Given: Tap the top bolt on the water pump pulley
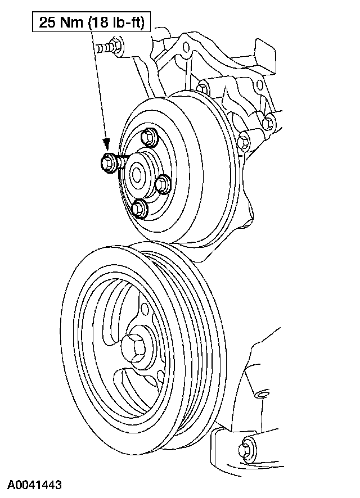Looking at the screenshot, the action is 148,137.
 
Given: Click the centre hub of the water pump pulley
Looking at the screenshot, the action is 136,174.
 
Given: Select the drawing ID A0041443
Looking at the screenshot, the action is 34,485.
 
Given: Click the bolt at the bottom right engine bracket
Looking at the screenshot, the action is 246,446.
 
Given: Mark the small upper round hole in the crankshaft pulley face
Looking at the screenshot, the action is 145,308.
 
